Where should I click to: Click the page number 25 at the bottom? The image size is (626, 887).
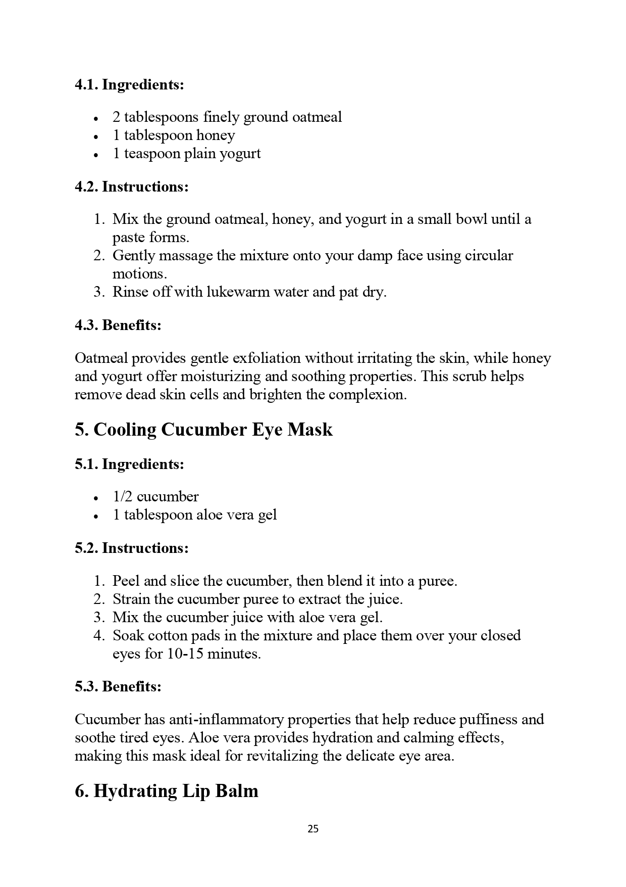pyautogui.click(x=312, y=829)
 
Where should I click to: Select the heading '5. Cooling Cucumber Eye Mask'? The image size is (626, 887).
pyautogui.click(x=203, y=430)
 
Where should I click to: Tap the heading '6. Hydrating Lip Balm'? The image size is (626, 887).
pyautogui.click(x=166, y=791)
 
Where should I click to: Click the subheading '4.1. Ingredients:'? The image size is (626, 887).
pyautogui.click(x=129, y=84)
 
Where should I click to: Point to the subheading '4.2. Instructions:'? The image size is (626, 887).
pyautogui.click(x=131, y=186)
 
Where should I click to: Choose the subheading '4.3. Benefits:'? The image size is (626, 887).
pyautogui.click(x=118, y=325)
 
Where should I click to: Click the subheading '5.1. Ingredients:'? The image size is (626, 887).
pyautogui.click(x=129, y=464)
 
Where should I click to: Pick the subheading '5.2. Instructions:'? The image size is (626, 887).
pyautogui.click(x=131, y=548)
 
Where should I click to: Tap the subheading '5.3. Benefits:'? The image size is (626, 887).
pyautogui.click(x=118, y=686)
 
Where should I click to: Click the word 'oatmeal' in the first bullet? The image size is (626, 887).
pyautogui.click(x=317, y=117)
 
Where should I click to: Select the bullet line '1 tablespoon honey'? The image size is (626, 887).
pyautogui.click(x=174, y=135)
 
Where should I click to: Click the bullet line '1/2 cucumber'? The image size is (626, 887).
pyautogui.click(x=155, y=497)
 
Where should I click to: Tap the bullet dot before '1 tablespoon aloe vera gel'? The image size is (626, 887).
pyautogui.click(x=95, y=517)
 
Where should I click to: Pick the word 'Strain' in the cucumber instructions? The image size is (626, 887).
pyautogui.click(x=131, y=599)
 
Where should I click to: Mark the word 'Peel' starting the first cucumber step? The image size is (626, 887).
pyautogui.click(x=126, y=581)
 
